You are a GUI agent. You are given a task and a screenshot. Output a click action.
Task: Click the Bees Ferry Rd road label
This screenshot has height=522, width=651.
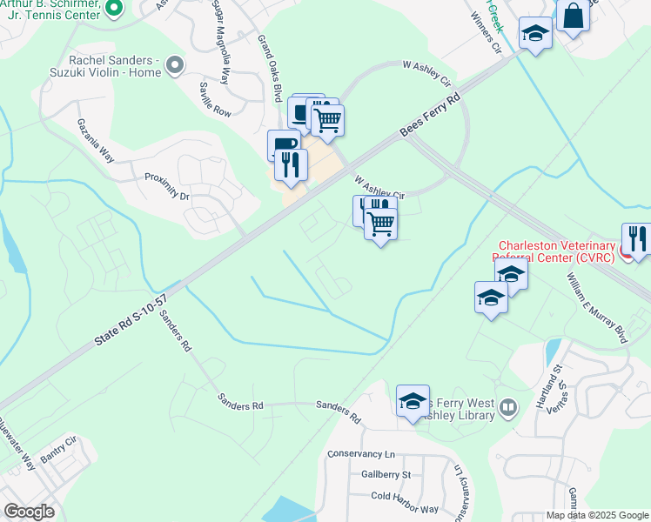(430, 114)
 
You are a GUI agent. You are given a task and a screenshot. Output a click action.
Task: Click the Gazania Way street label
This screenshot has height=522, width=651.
(95, 141)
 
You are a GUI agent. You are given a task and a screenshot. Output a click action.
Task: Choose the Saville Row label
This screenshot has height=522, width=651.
(214, 99)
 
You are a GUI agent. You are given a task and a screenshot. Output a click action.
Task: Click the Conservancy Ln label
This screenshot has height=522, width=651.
(361, 454)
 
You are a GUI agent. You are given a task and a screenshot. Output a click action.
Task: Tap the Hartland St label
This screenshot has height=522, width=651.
(554, 382)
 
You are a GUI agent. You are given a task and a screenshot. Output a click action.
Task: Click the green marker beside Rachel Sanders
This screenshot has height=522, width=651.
(176, 64)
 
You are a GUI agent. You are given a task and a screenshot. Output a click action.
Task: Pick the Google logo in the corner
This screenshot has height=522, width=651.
(29, 512)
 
